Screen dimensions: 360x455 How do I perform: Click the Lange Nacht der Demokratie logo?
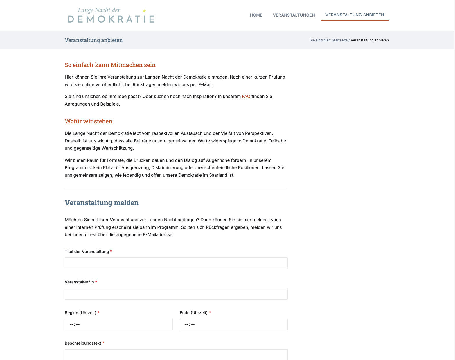pos(111,15)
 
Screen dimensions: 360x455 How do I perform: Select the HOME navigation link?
pos(256,15)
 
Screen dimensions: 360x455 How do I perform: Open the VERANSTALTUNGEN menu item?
pos(294,15)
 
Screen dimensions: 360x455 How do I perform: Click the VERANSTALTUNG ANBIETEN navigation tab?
pos(355,15)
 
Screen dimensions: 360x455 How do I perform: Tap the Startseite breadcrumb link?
pos(339,40)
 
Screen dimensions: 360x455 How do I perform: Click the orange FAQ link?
pos(246,97)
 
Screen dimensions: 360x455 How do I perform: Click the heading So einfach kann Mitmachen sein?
pos(110,65)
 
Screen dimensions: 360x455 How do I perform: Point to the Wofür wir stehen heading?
pos(89,121)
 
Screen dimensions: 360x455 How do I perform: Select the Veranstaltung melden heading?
pos(102,202)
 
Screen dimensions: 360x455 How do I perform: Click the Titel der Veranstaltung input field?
pos(176,263)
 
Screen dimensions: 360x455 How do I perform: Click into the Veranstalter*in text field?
pos(176,294)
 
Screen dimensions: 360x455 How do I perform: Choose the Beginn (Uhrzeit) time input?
pos(118,324)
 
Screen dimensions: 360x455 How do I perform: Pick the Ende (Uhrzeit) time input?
pos(233,324)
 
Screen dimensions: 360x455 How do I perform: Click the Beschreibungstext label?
pos(83,343)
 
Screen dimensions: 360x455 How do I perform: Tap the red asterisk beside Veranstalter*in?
pos(96,282)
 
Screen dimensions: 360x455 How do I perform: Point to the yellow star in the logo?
pos(144,11)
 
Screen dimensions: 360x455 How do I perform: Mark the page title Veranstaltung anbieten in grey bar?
pos(93,40)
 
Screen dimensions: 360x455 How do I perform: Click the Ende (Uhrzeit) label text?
pos(193,313)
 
